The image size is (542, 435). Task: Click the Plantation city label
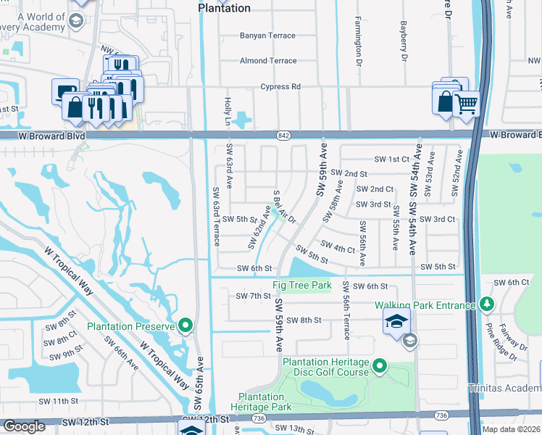tap(224, 8)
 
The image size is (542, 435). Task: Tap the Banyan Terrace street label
tap(267, 36)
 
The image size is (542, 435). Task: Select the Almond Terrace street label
tap(267, 61)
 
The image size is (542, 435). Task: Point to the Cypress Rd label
tap(280, 86)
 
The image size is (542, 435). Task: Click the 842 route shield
tap(283, 136)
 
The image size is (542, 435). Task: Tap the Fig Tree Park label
tap(301, 286)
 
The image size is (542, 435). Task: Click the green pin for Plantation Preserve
tap(185, 326)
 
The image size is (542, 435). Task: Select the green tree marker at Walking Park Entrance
tap(487, 304)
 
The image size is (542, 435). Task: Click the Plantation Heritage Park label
tap(262, 402)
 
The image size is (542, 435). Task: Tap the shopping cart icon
tap(467, 103)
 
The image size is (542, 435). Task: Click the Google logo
tap(24, 426)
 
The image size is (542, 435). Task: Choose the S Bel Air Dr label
tap(285, 207)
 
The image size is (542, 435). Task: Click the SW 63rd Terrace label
tap(215, 216)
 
